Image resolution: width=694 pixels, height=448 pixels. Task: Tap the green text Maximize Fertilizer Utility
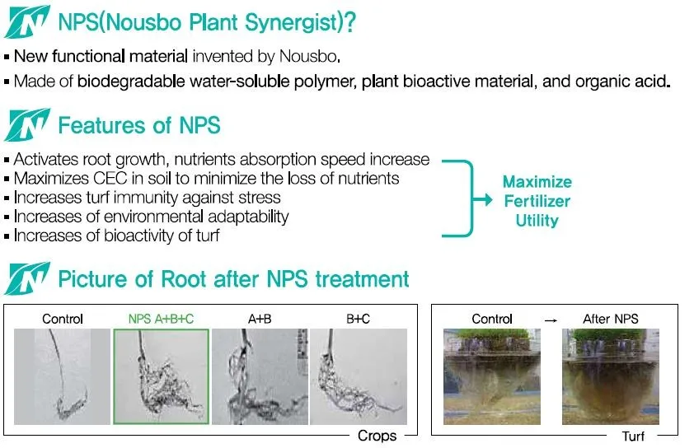[537, 201]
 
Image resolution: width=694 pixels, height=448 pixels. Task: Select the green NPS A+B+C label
[161, 319]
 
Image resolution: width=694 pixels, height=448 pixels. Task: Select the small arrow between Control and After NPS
[550, 319]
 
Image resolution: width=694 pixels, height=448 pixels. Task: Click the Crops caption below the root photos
[377, 435]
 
